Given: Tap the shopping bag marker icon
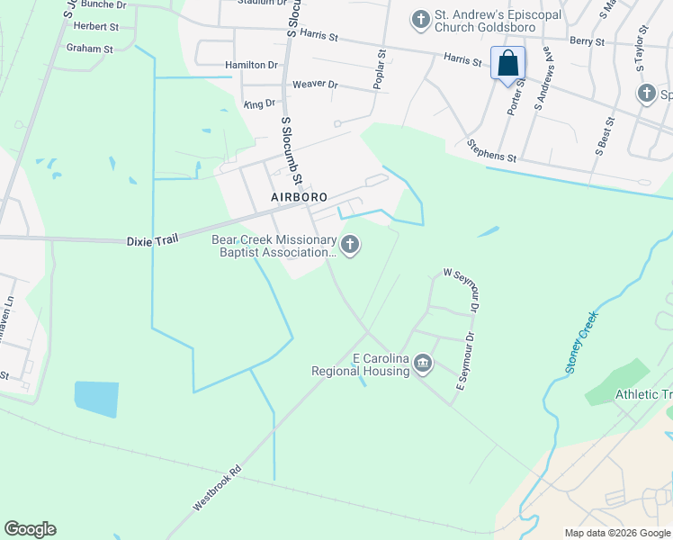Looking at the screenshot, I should click(507, 64).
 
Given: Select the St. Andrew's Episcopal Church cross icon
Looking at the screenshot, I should click(419, 18).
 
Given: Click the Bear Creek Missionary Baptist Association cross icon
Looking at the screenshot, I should click(350, 244).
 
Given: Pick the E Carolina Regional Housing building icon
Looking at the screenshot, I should click(423, 364).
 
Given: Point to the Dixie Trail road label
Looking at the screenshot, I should click(152, 239).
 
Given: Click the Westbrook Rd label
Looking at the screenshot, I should click(217, 489).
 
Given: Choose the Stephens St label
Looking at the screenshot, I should click(491, 150).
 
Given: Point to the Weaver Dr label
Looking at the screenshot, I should click(315, 85).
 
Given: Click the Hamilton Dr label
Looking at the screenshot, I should click(251, 65).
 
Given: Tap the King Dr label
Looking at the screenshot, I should click(258, 105).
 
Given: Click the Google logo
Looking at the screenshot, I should click(30, 529).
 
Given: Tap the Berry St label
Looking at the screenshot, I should click(587, 41).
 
